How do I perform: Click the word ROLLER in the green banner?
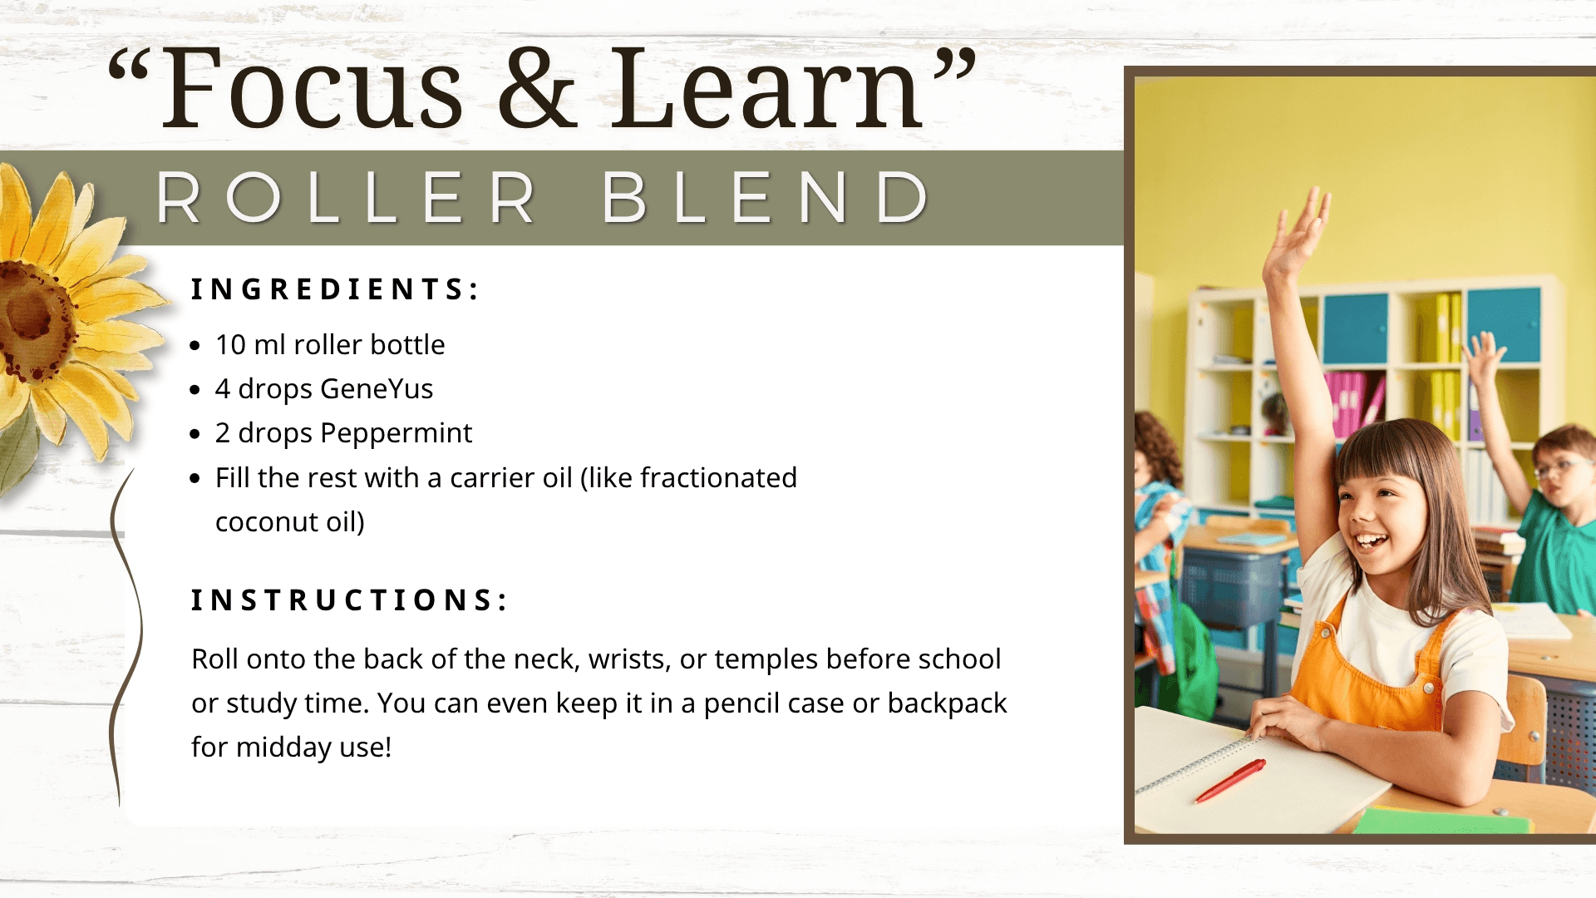[346, 198]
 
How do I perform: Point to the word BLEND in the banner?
[766, 198]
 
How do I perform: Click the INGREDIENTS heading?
[335, 289]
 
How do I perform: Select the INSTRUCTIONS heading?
[349, 599]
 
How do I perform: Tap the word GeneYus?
[377, 389]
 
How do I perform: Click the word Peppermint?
[396, 434]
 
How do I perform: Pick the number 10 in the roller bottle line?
[230, 344]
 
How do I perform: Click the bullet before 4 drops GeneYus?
[195, 390]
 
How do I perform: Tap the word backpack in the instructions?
[947, 703]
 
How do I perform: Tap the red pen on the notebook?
[1230, 780]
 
